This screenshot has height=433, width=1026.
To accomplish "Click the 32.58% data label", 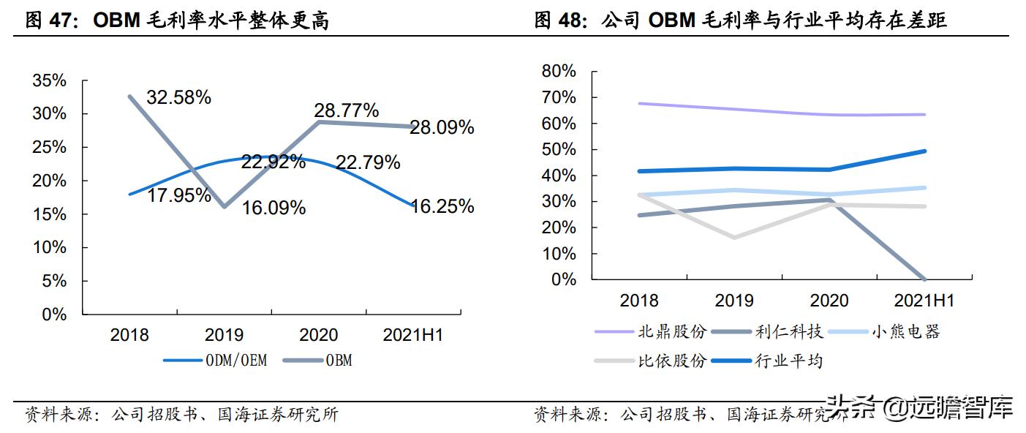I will pyautogui.click(x=178, y=97).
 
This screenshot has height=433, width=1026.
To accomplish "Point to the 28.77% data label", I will pyautogui.click(x=346, y=110).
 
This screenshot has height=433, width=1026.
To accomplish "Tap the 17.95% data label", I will pyautogui.click(x=178, y=195).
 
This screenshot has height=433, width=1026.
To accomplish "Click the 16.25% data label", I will pyautogui.click(x=442, y=206).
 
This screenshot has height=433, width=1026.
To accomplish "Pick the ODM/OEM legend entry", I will pyautogui.click(x=214, y=360).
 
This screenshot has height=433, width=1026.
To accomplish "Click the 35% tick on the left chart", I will pyautogui.click(x=50, y=80).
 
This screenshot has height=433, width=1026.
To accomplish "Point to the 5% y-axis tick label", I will pyautogui.click(x=54, y=281).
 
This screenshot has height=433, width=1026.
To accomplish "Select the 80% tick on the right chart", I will pyautogui.click(x=559, y=71).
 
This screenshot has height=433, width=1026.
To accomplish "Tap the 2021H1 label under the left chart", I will pyautogui.click(x=413, y=335).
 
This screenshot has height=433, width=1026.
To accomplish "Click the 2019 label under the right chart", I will pyautogui.click(x=734, y=301).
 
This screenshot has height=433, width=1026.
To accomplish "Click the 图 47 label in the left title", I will pyautogui.click(x=50, y=20).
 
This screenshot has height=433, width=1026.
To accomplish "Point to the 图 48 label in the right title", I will pyautogui.click(x=559, y=20).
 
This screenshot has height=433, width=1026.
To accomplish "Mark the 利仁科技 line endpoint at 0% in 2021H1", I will pyautogui.click(x=925, y=279).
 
